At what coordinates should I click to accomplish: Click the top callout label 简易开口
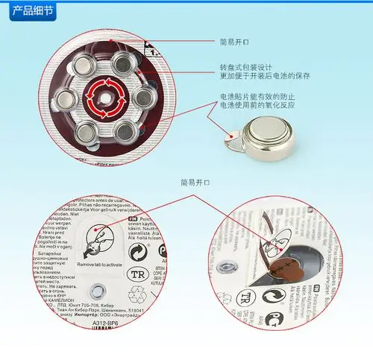232,42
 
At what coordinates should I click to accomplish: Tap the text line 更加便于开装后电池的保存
265,76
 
